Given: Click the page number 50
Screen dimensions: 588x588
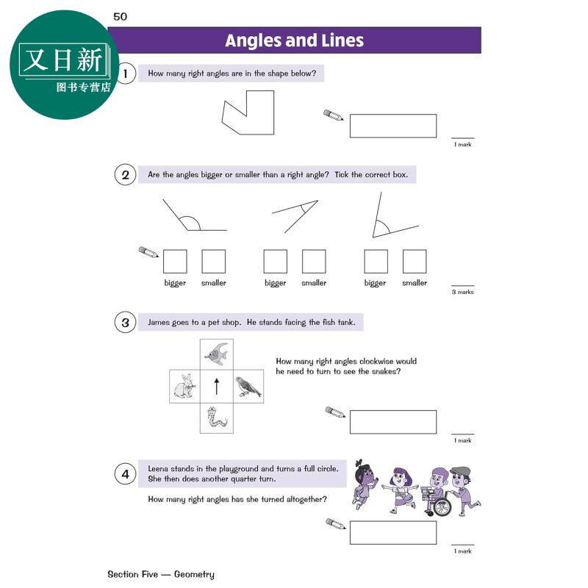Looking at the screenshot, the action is (x=120, y=16).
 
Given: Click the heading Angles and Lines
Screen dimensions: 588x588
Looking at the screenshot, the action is (x=295, y=40).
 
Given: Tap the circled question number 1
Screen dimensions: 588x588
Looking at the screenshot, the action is (x=125, y=73).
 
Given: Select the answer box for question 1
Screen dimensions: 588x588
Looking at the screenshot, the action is (x=393, y=126).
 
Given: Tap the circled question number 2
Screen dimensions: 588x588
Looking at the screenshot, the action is (x=125, y=175).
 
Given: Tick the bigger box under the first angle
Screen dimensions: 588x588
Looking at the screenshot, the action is (x=175, y=262).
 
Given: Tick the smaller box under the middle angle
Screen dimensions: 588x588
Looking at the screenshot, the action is (x=314, y=262).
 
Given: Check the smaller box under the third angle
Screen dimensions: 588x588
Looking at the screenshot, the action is (x=415, y=262).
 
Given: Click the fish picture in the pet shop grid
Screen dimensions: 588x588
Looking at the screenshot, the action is (x=216, y=354).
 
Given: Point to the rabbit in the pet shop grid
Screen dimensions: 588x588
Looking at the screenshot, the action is (x=184, y=386).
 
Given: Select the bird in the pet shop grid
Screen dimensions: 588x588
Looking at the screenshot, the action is (x=248, y=387).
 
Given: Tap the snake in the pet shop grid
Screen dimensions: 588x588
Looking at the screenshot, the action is (x=216, y=417).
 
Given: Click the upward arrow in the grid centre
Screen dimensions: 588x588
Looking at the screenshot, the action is (x=216, y=387).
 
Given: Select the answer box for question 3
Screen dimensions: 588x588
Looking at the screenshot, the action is (x=393, y=422).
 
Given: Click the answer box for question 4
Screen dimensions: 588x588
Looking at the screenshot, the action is (x=393, y=532).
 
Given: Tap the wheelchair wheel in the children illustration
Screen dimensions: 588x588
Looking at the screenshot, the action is (x=442, y=507).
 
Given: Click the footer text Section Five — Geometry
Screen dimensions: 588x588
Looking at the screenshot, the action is (x=161, y=575).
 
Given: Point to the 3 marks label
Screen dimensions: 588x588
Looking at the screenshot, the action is (x=463, y=292).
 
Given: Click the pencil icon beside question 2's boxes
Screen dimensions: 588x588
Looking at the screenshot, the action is (x=148, y=251).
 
